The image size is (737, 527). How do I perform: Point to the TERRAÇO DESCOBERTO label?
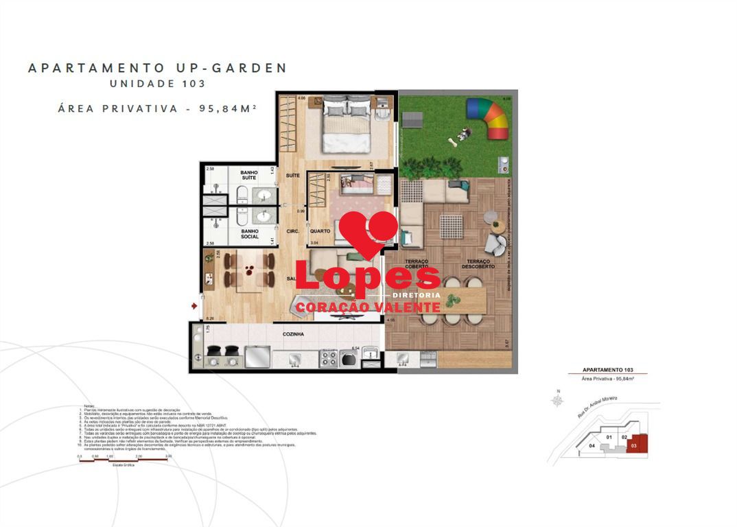(478, 265)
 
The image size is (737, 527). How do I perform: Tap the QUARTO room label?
(320, 231)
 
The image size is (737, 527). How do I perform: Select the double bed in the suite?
(347, 124)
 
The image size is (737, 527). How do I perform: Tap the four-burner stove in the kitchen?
(328, 358)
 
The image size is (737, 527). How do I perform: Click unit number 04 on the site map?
(592, 445)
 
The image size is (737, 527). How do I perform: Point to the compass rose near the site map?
(558, 398)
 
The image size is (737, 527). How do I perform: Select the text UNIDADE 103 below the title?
(157, 84)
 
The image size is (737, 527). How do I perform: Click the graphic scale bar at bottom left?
(124, 460)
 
